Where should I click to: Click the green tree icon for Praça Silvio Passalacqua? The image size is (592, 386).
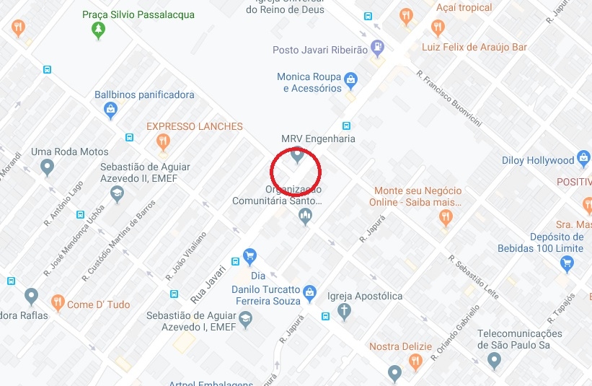[98, 30]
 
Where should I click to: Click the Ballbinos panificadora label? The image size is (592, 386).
[144, 95]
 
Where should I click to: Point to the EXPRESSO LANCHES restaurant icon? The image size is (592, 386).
[164, 141]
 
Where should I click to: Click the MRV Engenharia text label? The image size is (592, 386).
[318, 139]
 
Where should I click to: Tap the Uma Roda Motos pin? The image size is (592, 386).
[48, 167]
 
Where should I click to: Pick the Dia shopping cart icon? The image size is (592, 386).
[250, 256]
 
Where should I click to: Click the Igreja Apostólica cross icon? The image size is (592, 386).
[345, 312]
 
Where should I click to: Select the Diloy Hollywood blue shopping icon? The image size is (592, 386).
[582, 160]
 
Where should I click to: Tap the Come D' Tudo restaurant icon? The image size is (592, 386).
[57, 302]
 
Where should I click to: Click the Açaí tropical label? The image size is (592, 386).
[464, 8]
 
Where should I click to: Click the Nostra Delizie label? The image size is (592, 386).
[400, 347]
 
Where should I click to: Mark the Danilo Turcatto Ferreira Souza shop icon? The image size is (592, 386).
[309, 293]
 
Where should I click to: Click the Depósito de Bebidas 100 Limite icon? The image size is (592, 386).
[566, 264]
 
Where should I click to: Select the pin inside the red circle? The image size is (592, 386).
[296, 154]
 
